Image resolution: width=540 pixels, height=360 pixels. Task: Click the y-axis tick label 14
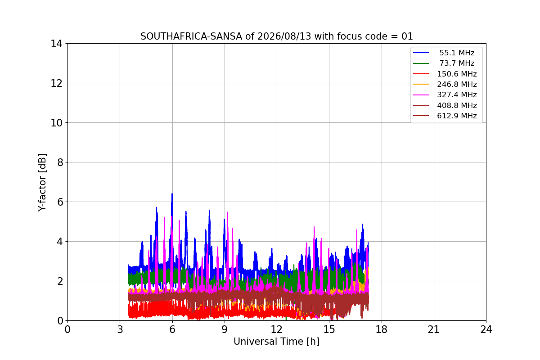pyautogui.click(x=56, y=44)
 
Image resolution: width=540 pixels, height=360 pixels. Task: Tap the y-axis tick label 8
pyautogui.click(x=60, y=162)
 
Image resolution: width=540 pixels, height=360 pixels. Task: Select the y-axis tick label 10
pyautogui.click(x=56, y=123)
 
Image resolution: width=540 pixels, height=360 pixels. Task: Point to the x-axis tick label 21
pyautogui.click(x=434, y=329)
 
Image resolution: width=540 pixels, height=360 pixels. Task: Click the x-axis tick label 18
pyautogui.click(x=382, y=329)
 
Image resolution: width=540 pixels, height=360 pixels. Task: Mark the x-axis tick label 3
pyautogui.click(x=120, y=329)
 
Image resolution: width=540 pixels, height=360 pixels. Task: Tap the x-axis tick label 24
pyautogui.click(x=486, y=329)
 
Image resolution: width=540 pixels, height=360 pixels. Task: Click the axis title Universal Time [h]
pyautogui.click(x=276, y=342)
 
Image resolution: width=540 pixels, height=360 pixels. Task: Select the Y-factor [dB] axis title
pyautogui.click(x=42, y=183)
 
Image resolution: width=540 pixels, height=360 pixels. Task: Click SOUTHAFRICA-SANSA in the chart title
pyautogui.click(x=191, y=36)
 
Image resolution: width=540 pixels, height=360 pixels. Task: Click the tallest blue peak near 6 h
pyautogui.click(x=172, y=193)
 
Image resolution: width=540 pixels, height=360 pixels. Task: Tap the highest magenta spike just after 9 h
pyautogui.click(x=228, y=212)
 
